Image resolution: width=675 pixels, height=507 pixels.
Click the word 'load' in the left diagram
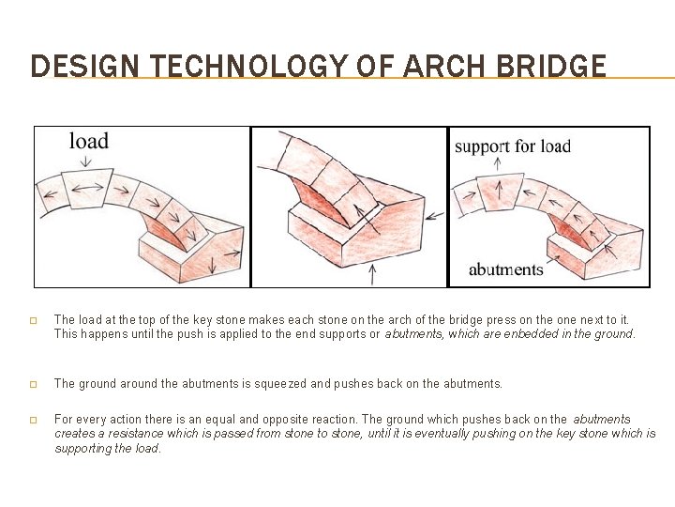pos(89,141)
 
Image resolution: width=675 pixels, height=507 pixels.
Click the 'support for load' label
pos(512,146)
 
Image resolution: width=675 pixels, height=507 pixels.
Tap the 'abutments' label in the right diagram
pos(505,269)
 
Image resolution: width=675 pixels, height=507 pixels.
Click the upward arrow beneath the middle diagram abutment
pos(375,271)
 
